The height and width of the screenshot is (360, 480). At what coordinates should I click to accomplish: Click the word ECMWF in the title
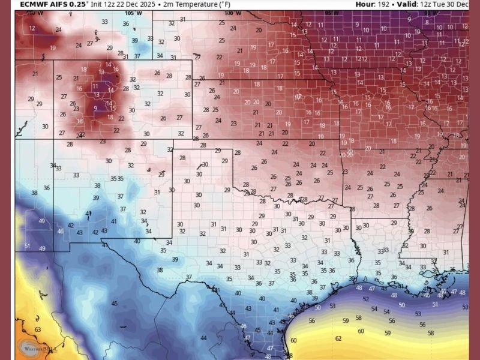click(34, 4)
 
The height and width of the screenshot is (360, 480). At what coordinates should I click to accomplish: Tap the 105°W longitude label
click(130, 13)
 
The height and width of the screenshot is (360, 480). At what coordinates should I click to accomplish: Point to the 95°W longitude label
click(329, 13)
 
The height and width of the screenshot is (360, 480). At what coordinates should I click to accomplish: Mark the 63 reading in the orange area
click(37, 329)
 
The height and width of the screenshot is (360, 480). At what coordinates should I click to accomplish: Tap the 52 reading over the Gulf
click(365, 299)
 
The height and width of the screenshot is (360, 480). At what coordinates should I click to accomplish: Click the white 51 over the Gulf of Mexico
click(435, 304)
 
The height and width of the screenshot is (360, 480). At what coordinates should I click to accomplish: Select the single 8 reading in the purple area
click(427, 22)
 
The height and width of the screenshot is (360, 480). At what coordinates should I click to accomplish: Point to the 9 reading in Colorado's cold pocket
click(95, 108)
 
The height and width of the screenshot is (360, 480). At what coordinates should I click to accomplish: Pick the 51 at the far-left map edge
click(27, 246)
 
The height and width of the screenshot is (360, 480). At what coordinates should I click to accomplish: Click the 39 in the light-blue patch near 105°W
click(135, 40)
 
